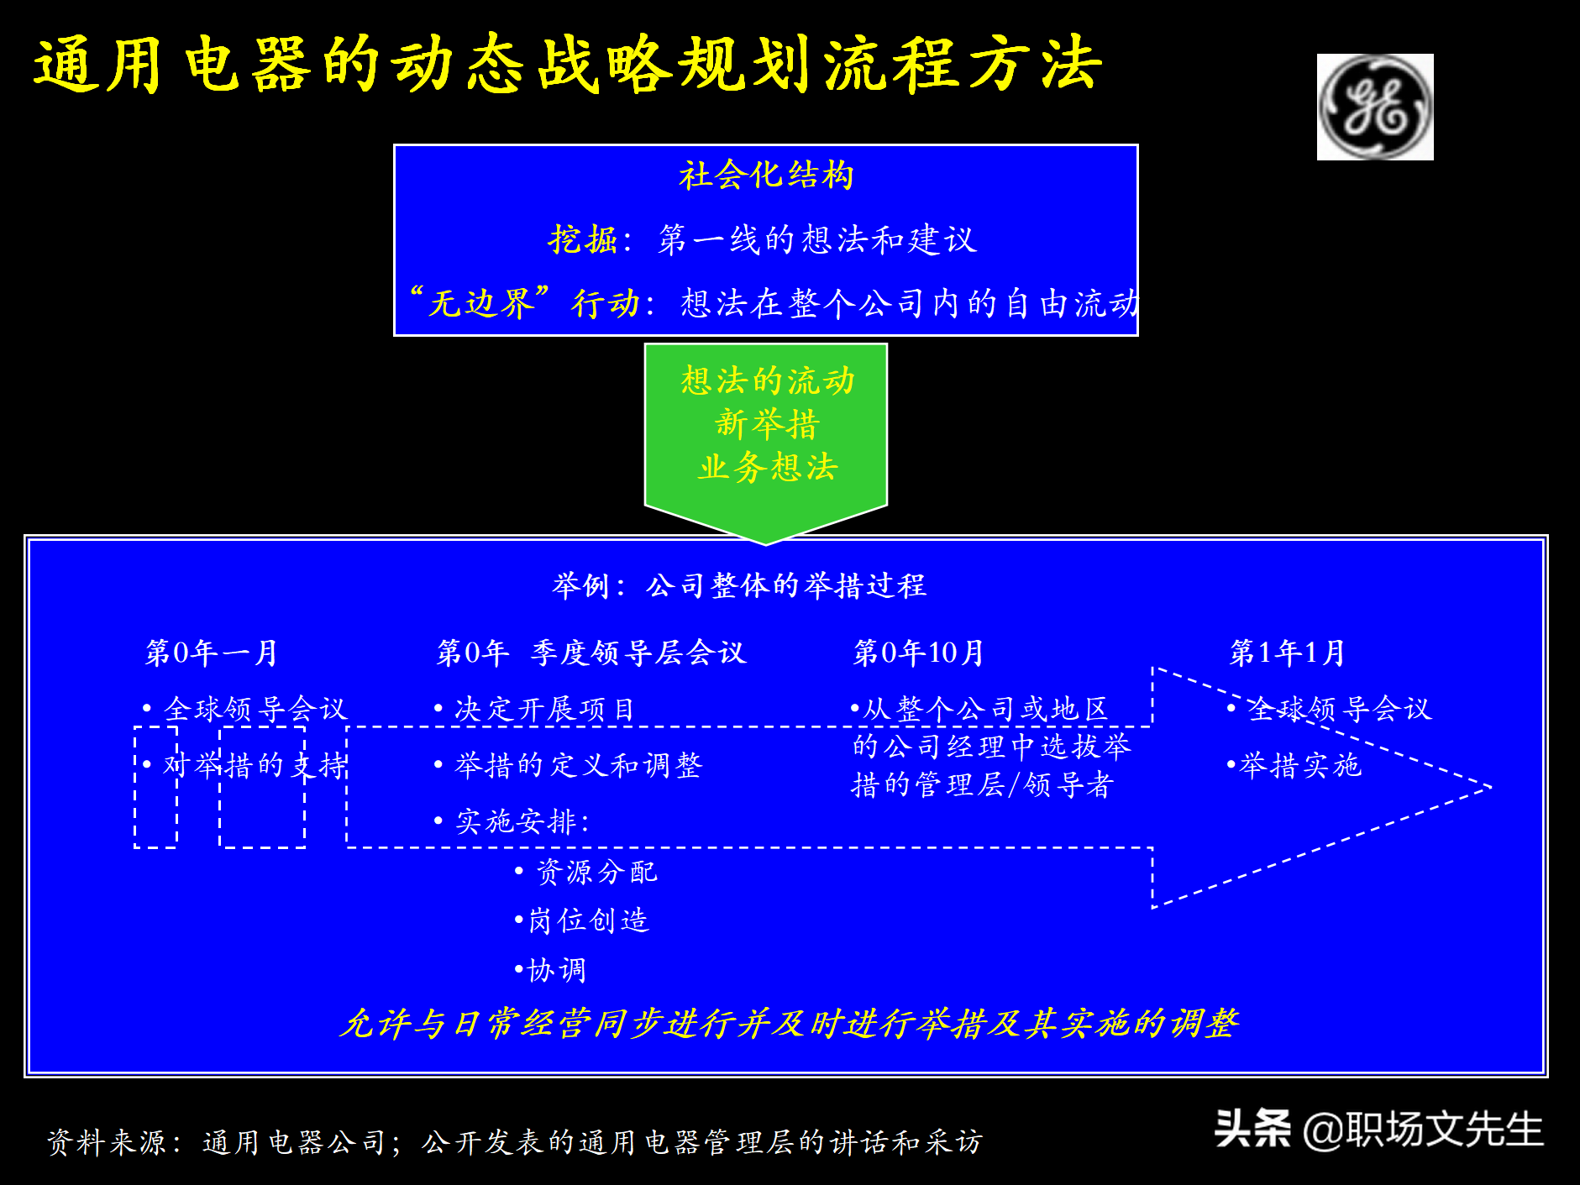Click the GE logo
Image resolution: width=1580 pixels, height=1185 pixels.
coord(1375,107)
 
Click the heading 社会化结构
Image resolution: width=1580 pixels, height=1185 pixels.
coord(766,176)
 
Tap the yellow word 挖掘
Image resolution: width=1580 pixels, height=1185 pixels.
coord(583,240)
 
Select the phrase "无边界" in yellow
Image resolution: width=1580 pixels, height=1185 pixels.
coord(480,302)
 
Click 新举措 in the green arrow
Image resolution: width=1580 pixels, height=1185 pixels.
coord(766,424)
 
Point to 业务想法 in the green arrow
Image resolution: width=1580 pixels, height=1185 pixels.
coord(767,467)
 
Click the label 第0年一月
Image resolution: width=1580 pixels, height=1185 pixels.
coord(211,653)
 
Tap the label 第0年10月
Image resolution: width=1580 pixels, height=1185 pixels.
coord(918,653)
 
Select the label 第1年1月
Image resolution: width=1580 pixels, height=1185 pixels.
coord(1287,653)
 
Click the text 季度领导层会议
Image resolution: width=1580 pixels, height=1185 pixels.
coord(638,653)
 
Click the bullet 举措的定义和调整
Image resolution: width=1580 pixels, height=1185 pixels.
coord(578,765)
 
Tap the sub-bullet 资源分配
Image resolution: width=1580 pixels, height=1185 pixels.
coord(596,873)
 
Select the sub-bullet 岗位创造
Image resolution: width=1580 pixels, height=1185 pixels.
coord(588,921)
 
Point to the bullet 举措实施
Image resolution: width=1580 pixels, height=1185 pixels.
coord(1299,765)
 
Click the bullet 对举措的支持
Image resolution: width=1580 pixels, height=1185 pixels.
coord(255,765)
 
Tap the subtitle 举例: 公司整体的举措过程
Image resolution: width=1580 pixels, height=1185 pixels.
coord(739,585)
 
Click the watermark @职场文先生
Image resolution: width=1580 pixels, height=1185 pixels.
coord(1423,1130)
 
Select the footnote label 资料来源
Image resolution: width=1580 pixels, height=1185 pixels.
coord(107,1142)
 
